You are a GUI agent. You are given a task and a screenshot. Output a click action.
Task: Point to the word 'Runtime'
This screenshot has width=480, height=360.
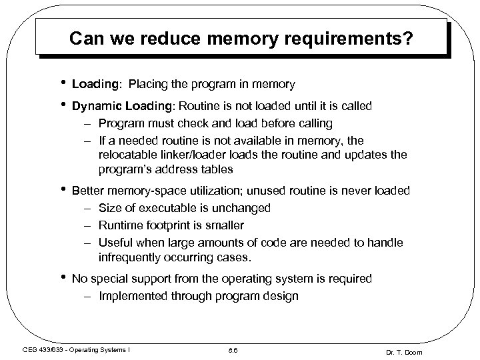pos(121,225)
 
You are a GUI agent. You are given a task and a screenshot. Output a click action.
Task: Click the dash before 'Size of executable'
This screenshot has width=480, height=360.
pos(88,207)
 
